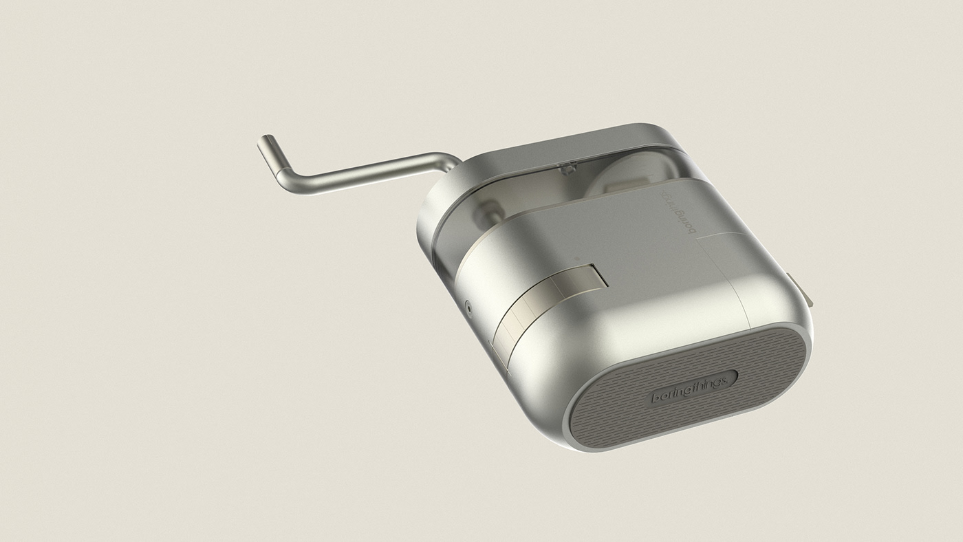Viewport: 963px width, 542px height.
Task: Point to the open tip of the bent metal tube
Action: (262, 140)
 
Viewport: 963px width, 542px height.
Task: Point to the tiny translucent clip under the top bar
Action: (568, 166)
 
